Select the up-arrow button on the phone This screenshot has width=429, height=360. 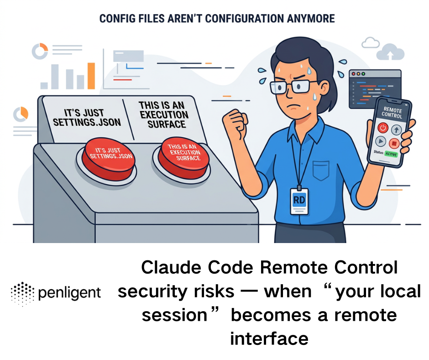coord(395,130)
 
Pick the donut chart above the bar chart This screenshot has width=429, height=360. coord(40,52)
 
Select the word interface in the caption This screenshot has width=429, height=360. coord(269,339)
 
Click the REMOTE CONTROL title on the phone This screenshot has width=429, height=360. coord(392,112)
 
